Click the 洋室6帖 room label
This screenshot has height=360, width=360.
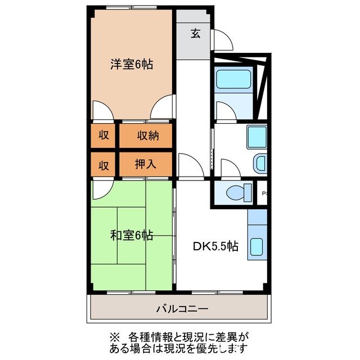click(130, 64)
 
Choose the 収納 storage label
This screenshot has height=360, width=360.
click(146, 136)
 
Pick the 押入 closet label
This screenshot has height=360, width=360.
click(146, 164)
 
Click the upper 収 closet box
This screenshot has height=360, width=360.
click(103, 136)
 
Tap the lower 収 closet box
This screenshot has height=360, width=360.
click(103, 164)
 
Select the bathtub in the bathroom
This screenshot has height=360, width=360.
click(235, 80)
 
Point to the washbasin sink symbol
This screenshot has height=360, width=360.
click(260, 164)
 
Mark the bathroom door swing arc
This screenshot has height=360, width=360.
click(224, 111)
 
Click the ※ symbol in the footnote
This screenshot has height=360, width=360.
click(115, 337)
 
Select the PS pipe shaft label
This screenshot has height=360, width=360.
click(264, 194)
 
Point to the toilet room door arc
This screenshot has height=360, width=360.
click(229, 168)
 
